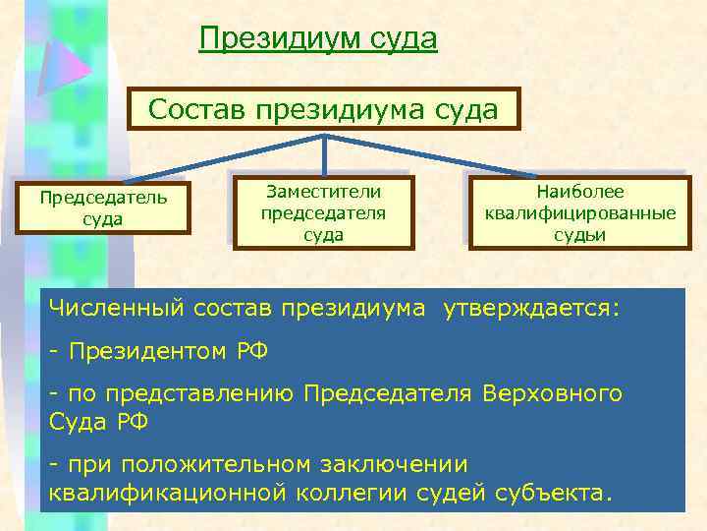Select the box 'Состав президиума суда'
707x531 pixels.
coord(324,108)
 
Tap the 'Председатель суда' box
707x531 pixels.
coord(103,206)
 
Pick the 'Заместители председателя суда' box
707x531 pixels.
coord(323,211)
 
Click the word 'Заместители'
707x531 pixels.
coord(323,191)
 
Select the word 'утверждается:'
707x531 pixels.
coord(531,309)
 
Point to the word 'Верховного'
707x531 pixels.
coord(552,393)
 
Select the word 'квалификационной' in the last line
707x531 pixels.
coord(166,492)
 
